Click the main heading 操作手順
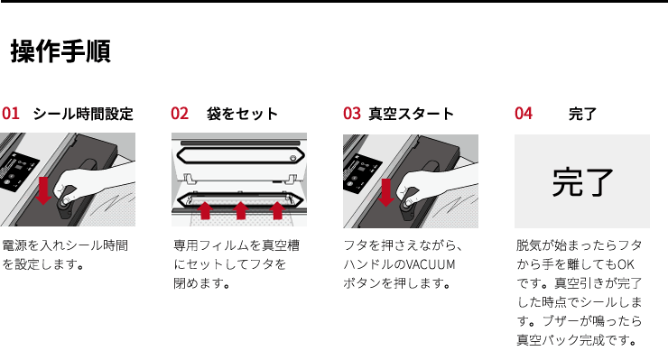[x=60, y=51]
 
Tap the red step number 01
[x=11, y=114]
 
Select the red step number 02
[x=180, y=114]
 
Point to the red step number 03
[x=352, y=114]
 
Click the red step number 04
[x=524, y=114]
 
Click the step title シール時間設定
[x=83, y=114]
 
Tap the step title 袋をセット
[x=242, y=114]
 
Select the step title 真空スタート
[x=411, y=114]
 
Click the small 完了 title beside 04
[x=582, y=114]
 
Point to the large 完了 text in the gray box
[x=582, y=182]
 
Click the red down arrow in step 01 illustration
[x=43, y=191]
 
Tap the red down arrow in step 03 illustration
[x=386, y=192]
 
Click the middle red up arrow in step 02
[x=241, y=210]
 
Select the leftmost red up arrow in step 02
[x=205, y=210]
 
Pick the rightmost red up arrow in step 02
[x=277, y=210]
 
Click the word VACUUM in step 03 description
[x=430, y=264]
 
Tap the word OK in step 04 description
[x=626, y=264]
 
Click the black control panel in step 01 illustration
[x=18, y=170]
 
